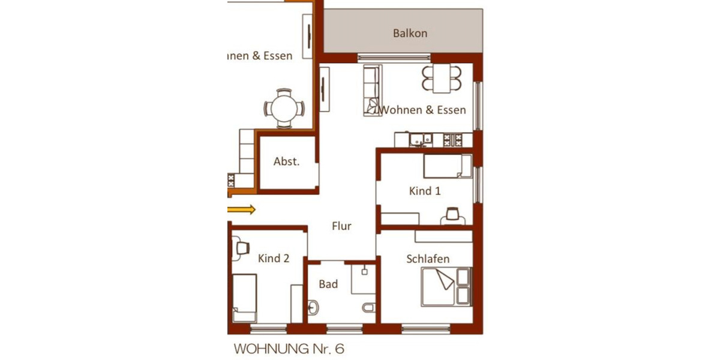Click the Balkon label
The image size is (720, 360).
pyautogui.click(x=410, y=33)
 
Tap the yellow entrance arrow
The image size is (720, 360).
pyautogui.click(x=242, y=209)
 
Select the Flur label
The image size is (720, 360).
pyautogui.click(x=341, y=226)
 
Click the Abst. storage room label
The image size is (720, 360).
pyautogui.click(x=286, y=161)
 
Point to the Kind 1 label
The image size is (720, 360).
pyautogui.click(x=425, y=191)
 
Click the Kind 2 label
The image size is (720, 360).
pyautogui.click(x=274, y=258)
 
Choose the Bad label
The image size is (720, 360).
pyautogui.click(x=328, y=284)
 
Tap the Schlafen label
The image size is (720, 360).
pyautogui.click(x=428, y=259)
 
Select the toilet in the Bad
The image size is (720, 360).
pyautogui.click(x=368, y=307)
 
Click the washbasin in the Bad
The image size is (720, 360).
pyautogui.click(x=313, y=308)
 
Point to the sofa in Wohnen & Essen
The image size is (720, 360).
pyautogui.click(x=371, y=90)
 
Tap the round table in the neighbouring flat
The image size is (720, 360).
pyautogui.click(x=284, y=109)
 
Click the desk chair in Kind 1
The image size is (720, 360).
pyautogui.click(x=452, y=214)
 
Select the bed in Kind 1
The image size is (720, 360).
pyautogui.click(x=447, y=166)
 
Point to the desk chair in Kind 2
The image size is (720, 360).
pyautogui.click(x=242, y=247)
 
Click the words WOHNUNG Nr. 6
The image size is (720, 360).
pyautogui.click(x=289, y=348)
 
